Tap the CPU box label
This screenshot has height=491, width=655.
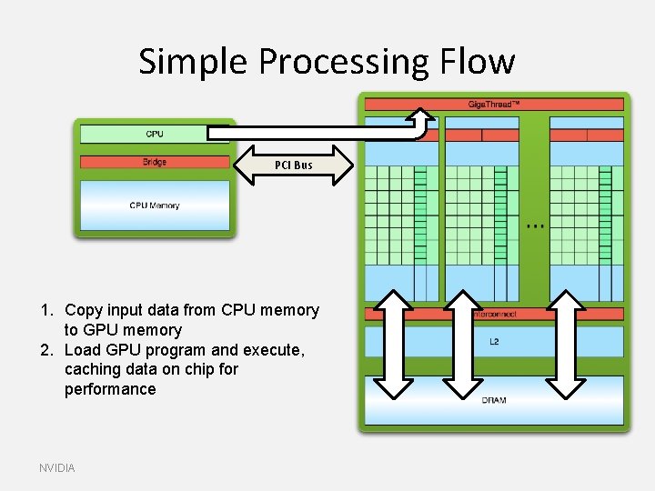155,135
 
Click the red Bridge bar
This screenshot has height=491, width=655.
155,162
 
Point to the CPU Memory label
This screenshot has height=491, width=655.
155,205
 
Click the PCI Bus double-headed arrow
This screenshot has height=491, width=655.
294,165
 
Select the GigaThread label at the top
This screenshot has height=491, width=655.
494,105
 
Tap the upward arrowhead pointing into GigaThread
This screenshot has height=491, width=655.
421,116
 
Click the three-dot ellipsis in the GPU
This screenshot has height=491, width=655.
536,225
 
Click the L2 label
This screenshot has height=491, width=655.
494,342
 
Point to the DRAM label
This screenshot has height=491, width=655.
494,400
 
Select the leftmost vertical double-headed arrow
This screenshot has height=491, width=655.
394,345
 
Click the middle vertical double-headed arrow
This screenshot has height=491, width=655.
463,345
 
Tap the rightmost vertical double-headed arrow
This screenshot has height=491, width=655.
566,345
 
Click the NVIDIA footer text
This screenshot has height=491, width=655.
57,467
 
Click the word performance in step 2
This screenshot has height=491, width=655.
110,389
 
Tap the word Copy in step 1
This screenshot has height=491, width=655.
84,311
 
